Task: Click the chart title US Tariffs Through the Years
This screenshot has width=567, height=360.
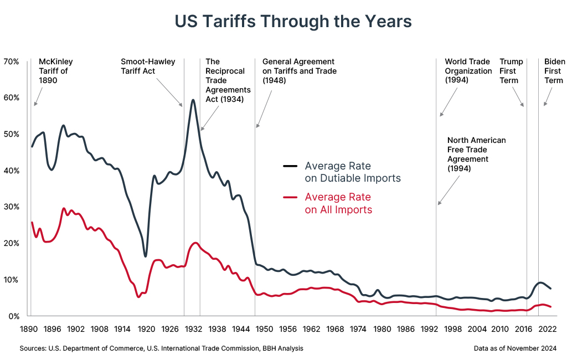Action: pos(293,21)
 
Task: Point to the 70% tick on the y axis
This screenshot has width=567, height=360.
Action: pos(12,61)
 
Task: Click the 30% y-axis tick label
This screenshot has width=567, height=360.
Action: pos(12,207)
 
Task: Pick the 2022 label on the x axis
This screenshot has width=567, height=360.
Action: pos(546,329)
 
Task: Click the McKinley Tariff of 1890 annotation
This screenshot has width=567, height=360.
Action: pos(55,71)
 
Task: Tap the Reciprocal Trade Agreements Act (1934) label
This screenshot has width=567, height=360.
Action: pos(228,80)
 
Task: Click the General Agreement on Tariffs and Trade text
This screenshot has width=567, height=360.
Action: pos(299,71)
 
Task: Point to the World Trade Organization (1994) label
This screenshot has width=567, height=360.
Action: pos(468,71)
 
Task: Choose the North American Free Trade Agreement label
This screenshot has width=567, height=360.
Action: pos(476,155)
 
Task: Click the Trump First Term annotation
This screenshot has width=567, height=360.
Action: pos(511,71)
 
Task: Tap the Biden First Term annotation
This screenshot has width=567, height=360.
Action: pos(554,71)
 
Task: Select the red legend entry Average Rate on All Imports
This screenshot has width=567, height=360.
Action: pos(338,203)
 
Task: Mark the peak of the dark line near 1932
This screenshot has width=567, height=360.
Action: pos(193,100)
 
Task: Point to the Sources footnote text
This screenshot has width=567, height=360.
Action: pos(161,348)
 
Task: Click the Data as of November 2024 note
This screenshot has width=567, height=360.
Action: pos(515,348)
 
